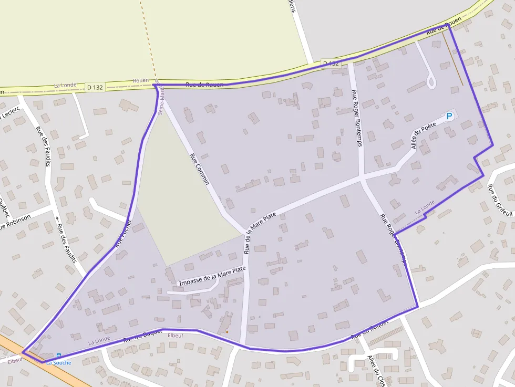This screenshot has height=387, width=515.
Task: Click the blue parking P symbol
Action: [449, 116]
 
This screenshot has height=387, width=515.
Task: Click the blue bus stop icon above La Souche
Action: [58, 355]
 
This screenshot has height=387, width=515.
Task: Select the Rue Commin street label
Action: [200, 169]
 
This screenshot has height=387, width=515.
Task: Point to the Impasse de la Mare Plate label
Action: [212, 276]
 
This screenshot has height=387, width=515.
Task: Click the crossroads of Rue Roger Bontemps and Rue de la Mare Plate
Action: [362, 179]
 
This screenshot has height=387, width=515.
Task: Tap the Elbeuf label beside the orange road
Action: [15, 360]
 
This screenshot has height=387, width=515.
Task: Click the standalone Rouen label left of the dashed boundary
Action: [141, 80]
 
